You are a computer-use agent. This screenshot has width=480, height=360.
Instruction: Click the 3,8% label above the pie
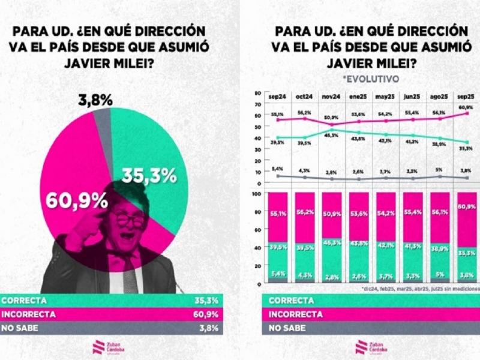click(94, 101)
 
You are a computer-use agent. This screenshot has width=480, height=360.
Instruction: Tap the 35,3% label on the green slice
click(149, 175)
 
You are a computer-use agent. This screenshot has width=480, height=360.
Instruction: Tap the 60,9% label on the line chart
click(466, 107)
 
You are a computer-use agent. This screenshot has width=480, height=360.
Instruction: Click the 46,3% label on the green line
click(331, 136)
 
